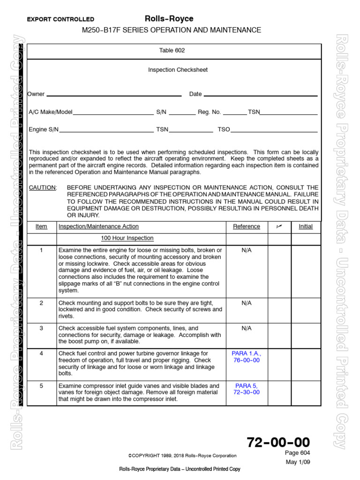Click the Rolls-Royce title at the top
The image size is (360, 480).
coord(169,19)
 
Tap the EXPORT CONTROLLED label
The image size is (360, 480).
coord(60,20)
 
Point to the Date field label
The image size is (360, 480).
coord(195,94)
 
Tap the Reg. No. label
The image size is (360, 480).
coord(209,112)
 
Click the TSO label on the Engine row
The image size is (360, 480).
coord(224,129)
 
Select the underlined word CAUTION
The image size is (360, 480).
coord(42,187)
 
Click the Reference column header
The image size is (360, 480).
coord(246,226)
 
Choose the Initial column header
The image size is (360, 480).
coord(306,226)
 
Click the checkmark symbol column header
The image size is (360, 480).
coord(278,226)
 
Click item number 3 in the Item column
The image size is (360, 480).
coord(41,329)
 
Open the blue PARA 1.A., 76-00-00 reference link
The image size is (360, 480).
coord(246,357)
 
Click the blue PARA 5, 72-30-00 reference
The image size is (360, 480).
coord(246,389)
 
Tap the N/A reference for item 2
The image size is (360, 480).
coord(246,303)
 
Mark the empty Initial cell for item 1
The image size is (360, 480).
coord(306,270)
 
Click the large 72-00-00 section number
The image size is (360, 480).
coord(278,442)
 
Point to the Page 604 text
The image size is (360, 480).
coord(297,453)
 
